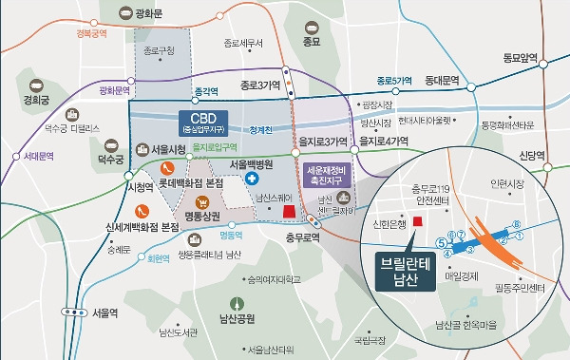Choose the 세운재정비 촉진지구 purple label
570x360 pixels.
coord(326,176)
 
